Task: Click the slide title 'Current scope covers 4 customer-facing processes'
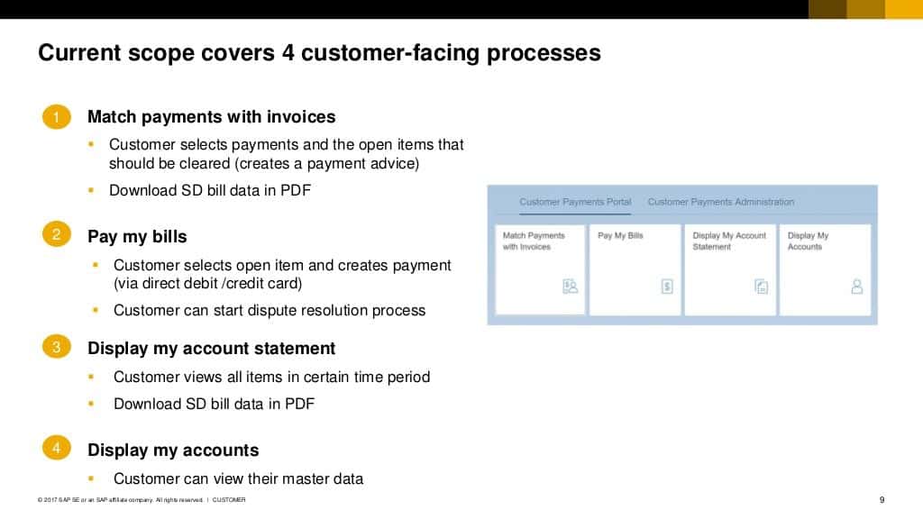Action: pyautogui.click(x=319, y=53)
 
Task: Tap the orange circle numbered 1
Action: pyautogui.click(x=56, y=117)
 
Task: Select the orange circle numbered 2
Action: pyautogui.click(x=56, y=236)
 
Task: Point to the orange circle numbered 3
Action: pyautogui.click(x=56, y=347)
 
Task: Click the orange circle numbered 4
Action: pyautogui.click(x=56, y=448)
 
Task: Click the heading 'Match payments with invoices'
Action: pyautogui.click(x=211, y=117)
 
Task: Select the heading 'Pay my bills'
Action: pyautogui.click(x=137, y=237)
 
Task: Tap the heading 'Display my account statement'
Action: pyautogui.click(x=211, y=349)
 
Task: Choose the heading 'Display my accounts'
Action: pyautogui.click(x=173, y=451)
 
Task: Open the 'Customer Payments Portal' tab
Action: pyautogui.click(x=575, y=202)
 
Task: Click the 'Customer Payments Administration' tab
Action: pyautogui.click(x=721, y=202)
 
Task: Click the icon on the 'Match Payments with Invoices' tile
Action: pyautogui.click(x=570, y=287)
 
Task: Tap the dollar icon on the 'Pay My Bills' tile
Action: pyautogui.click(x=667, y=287)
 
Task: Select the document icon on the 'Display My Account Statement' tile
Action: pyautogui.click(x=762, y=287)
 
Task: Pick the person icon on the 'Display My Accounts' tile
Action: pyautogui.click(x=856, y=287)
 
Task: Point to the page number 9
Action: pyautogui.click(x=882, y=500)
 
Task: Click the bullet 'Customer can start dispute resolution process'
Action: pyautogui.click(x=270, y=310)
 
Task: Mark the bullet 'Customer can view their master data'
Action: pyautogui.click(x=238, y=478)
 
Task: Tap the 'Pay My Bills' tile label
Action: pyautogui.click(x=621, y=236)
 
